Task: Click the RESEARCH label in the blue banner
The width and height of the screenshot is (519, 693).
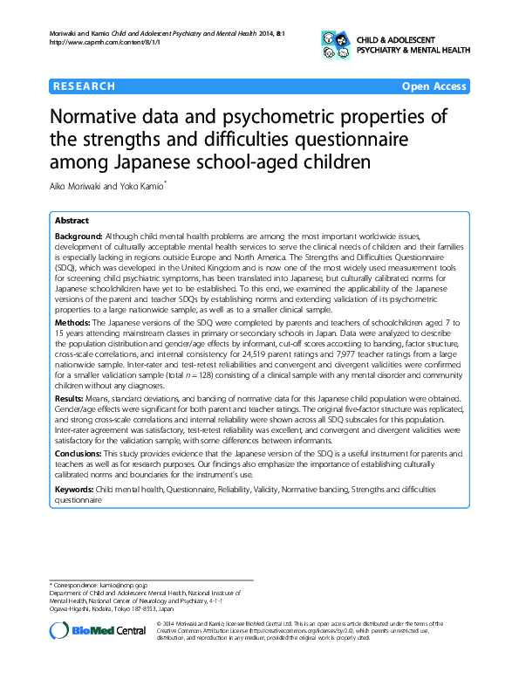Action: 85,86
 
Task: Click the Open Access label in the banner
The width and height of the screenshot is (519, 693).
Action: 434,86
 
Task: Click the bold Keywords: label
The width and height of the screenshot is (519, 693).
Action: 78,491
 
